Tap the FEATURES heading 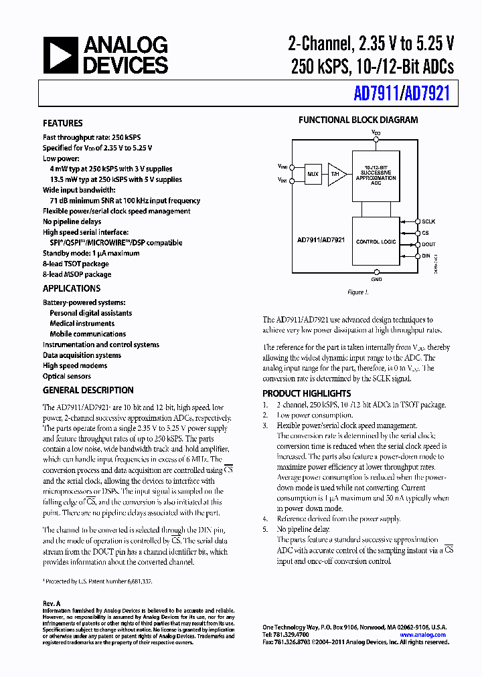coord(63,123)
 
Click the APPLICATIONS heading coord(72,288)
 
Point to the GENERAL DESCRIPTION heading coord(88,390)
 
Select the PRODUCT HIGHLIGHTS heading coord(307,393)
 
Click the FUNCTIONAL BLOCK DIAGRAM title coord(358,120)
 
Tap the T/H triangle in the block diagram coord(337,174)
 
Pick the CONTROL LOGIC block coord(376,241)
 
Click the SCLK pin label coord(428,221)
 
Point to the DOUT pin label coord(428,244)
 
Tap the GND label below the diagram coord(376,280)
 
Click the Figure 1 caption coord(357,292)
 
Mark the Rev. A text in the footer coord(52,603)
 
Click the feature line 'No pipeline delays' coord(72,221)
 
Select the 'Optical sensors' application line coord(67,376)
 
